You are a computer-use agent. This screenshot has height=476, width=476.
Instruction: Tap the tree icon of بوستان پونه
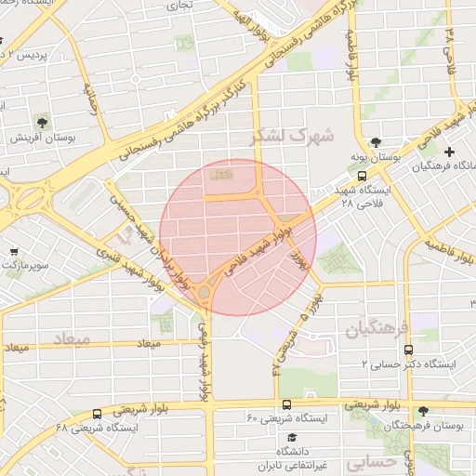pyautogui.click(x=375, y=142)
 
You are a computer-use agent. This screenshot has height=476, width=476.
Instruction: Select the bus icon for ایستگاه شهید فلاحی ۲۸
pyautogui.click(x=362, y=175)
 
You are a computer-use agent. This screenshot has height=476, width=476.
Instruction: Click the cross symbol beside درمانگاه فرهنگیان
pyautogui.click(x=451, y=152)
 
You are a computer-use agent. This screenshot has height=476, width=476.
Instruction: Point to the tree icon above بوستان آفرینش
pyautogui.click(x=42, y=121)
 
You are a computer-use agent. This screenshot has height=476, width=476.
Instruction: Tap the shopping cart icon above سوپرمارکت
pyautogui.click(x=14, y=252)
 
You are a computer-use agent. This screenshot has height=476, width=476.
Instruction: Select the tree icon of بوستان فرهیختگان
pyautogui.click(x=424, y=411)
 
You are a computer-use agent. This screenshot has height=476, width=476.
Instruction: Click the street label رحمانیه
pyautogui.click(x=90, y=97)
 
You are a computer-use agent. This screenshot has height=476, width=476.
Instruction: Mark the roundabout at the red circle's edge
pyautogui.click(x=205, y=294)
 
